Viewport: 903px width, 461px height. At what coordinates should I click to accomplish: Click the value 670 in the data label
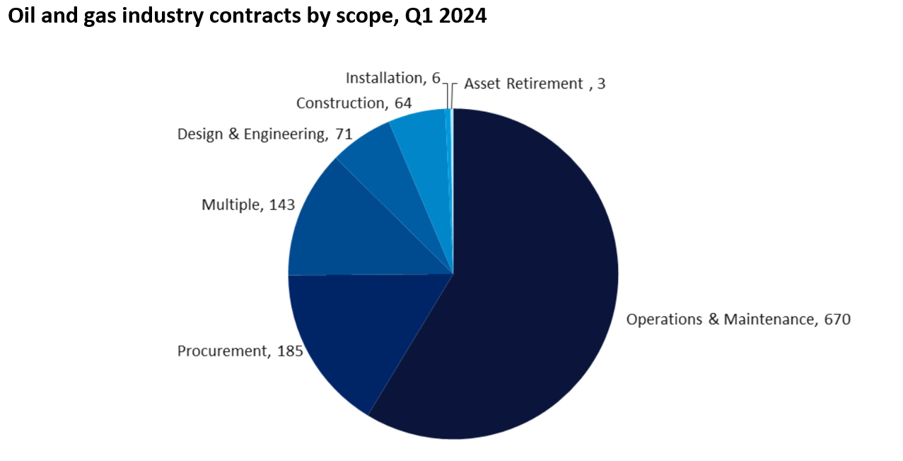pos(837,319)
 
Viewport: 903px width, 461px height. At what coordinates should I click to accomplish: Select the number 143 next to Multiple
pos(281,205)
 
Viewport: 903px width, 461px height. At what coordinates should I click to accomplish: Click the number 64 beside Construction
pos(403,103)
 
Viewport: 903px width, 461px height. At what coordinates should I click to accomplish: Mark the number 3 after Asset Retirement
pos(601,84)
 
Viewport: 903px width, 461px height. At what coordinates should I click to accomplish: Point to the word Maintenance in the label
pos(770,319)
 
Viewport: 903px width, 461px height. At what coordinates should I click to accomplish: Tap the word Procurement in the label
pos(220,351)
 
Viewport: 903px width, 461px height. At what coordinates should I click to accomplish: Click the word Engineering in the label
pos(283,134)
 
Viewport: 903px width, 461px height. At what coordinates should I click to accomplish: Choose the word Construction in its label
pos(339,103)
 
